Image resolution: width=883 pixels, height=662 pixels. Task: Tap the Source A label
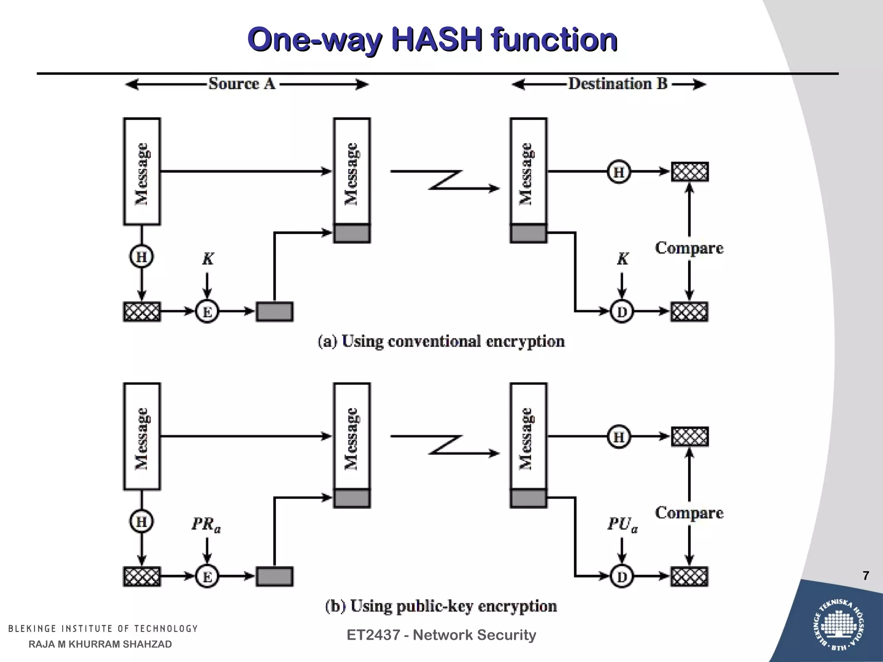click(242, 84)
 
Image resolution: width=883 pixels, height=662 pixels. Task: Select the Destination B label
click(617, 84)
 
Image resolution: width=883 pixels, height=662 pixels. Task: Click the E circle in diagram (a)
click(207, 312)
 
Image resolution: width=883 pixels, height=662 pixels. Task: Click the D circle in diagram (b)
click(622, 576)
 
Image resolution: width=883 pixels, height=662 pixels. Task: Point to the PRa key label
click(206, 525)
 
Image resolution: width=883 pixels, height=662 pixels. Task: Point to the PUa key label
click(622, 525)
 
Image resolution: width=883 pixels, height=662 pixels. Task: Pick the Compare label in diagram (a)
click(689, 248)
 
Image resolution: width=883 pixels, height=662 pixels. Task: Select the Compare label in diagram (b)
click(689, 513)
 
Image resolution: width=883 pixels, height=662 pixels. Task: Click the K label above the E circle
click(208, 259)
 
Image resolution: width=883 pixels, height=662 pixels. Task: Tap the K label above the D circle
click(623, 259)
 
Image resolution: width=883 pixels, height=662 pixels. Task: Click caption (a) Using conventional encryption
click(441, 341)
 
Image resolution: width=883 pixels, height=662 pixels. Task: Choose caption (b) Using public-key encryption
click(441, 606)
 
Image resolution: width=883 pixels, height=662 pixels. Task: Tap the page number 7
click(866, 576)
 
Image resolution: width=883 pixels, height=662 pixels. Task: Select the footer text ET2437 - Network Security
click(441, 635)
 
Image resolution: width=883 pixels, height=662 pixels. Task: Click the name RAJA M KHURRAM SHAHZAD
click(100, 644)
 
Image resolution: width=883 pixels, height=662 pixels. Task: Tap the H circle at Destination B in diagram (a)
click(619, 172)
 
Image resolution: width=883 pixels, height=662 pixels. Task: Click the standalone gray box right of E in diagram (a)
click(275, 312)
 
